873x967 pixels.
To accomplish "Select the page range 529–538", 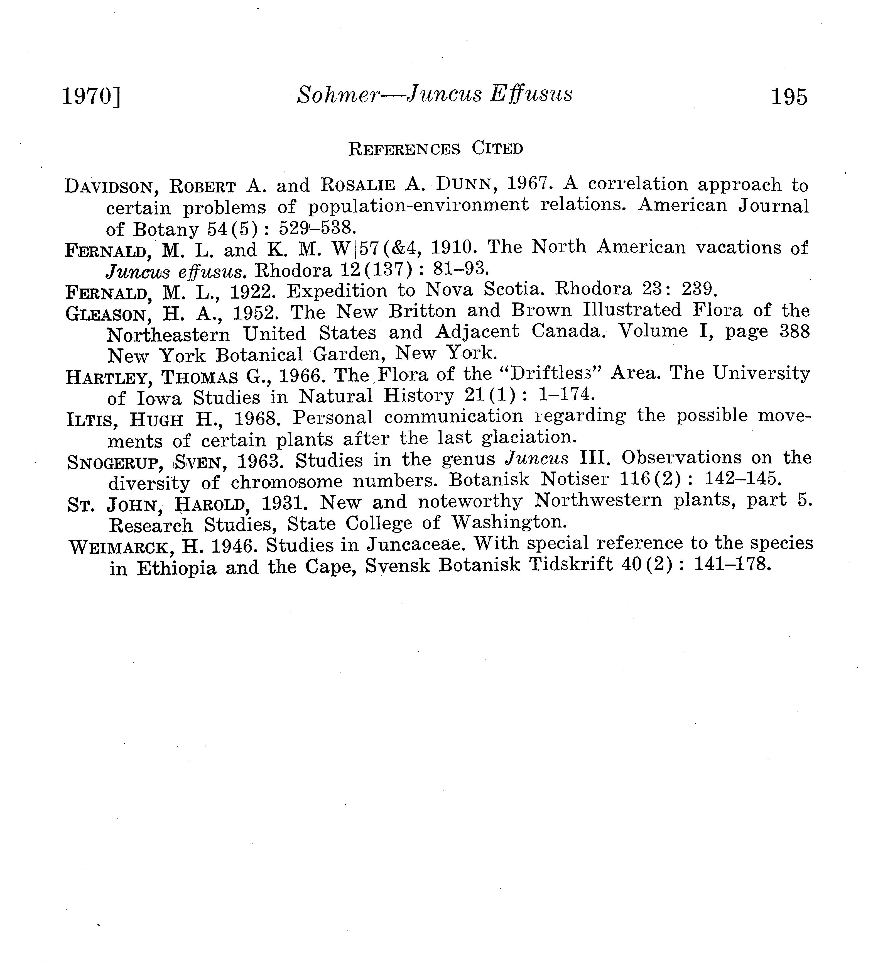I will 315,227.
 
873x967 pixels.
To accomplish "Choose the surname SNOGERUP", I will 114,462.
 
